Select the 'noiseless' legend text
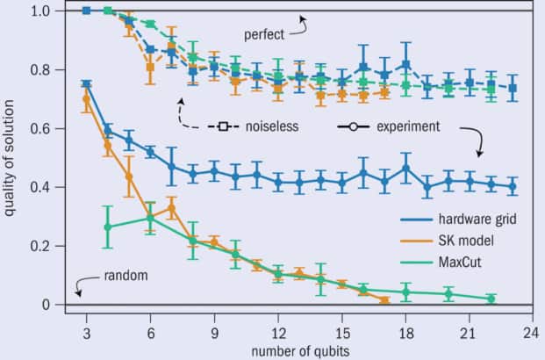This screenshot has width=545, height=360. coord(272,126)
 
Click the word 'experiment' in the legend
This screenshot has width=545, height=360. coord(407,126)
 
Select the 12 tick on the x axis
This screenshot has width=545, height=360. coord(277,322)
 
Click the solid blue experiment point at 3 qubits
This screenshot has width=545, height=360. coord(86,84)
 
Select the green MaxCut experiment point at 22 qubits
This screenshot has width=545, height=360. coord(491,299)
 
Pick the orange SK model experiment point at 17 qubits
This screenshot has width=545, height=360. coord(384,299)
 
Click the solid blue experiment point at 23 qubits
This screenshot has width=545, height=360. coord(513,186)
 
